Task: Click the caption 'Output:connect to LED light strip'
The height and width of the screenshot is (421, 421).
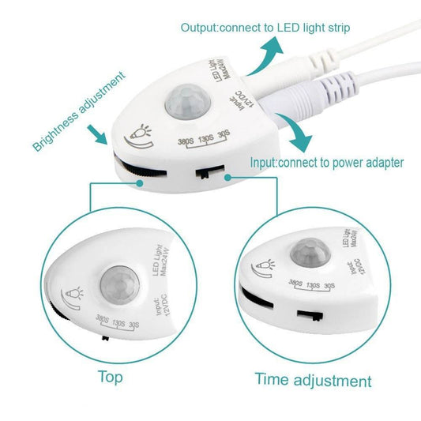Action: pos(265,28)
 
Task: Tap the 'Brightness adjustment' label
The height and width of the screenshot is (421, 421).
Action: pos(78,111)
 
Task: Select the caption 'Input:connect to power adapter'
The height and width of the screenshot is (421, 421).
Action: pos(327,163)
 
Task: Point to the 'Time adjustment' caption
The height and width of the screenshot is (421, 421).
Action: pos(313,380)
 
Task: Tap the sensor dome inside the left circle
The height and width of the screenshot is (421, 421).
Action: pos(119,282)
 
